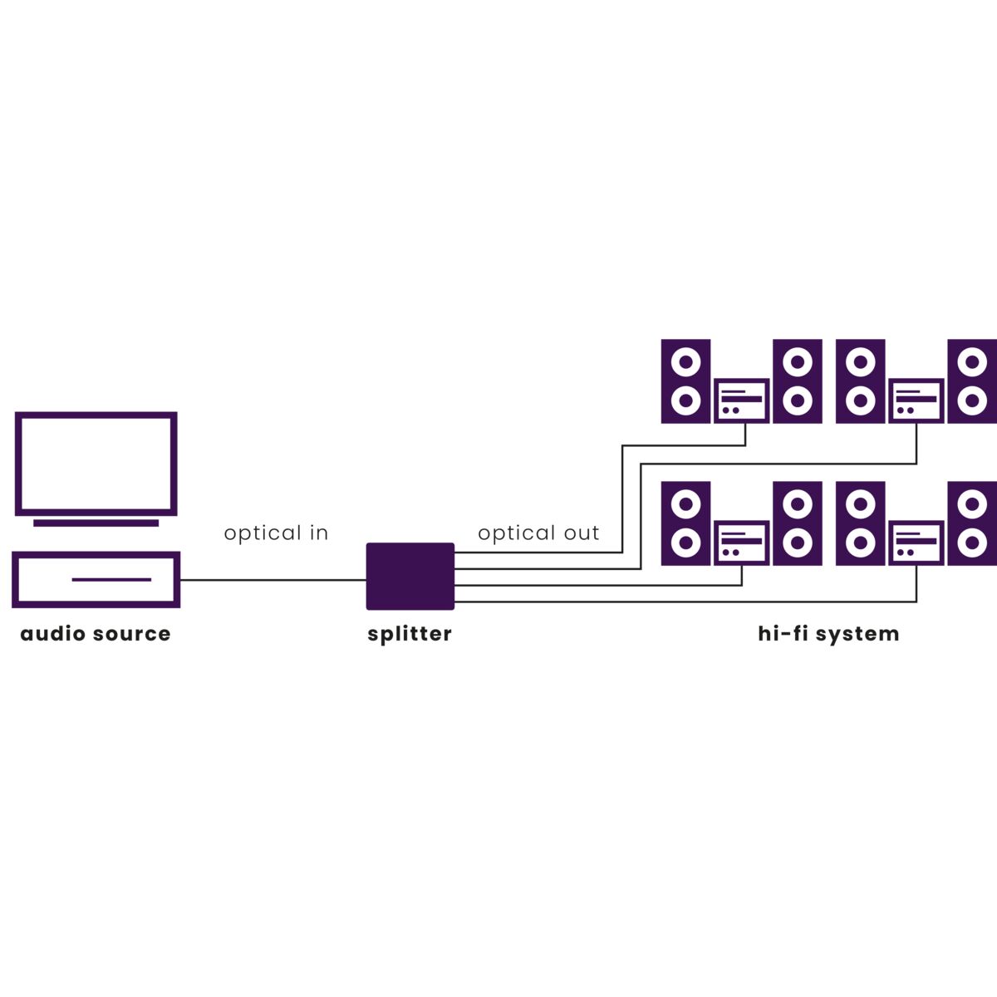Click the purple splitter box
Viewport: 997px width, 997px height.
(x=410, y=576)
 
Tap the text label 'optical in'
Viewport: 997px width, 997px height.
(x=276, y=533)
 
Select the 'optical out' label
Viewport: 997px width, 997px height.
(x=538, y=533)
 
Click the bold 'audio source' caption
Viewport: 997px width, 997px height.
(x=96, y=634)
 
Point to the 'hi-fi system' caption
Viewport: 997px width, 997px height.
(x=828, y=634)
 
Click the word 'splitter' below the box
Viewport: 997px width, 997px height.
(x=410, y=634)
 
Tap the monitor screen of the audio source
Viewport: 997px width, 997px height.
(x=96, y=463)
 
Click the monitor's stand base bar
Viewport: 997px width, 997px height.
(x=96, y=523)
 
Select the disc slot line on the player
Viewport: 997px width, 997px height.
(x=111, y=579)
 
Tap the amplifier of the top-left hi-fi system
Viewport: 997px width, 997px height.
(x=742, y=400)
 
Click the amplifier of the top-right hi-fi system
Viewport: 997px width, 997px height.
(x=916, y=400)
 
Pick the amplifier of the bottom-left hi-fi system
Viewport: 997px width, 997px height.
(x=742, y=543)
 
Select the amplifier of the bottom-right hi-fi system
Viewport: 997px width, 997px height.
(x=916, y=543)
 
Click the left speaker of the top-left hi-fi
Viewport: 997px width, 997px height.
(x=685, y=381)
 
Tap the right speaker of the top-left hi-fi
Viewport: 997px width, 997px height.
(x=798, y=381)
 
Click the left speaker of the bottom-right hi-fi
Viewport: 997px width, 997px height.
(x=860, y=524)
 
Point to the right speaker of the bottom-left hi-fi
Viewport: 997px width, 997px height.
(x=798, y=524)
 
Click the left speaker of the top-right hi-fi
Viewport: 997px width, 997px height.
(x=860, y=381)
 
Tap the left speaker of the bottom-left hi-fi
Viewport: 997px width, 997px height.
(x=685, y=524)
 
